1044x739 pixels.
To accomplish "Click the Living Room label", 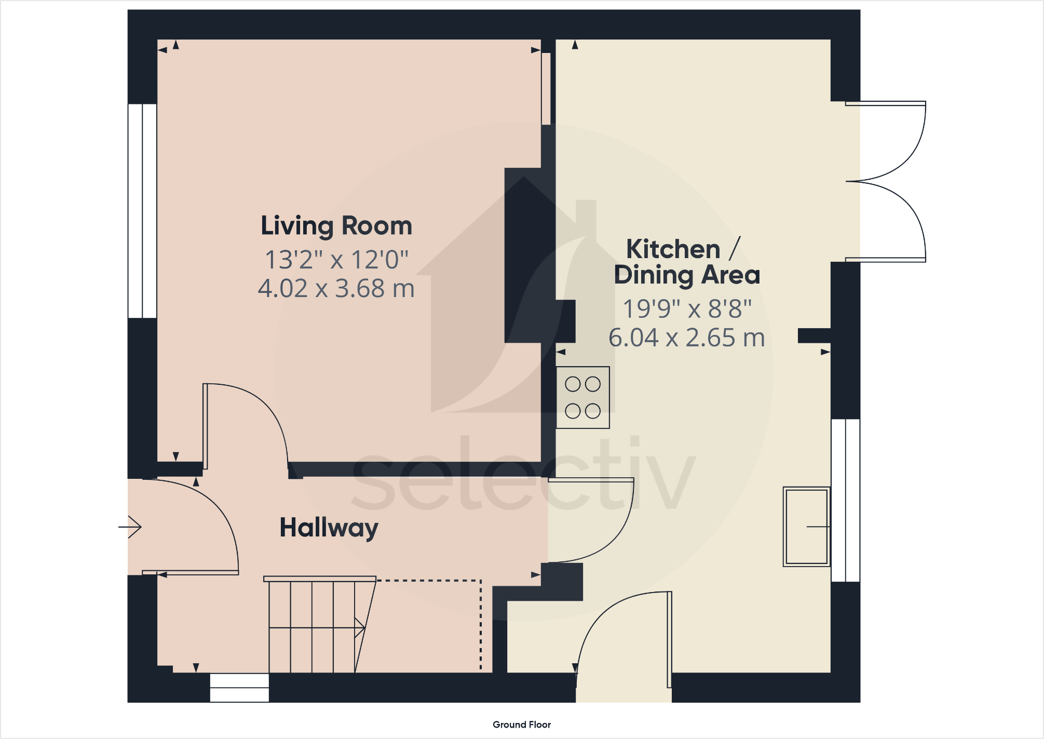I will click(336, 226).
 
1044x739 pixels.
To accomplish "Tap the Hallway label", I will click(329, 528).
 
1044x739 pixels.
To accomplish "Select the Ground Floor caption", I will click(521, 724).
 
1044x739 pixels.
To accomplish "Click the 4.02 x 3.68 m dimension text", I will click(336, 288).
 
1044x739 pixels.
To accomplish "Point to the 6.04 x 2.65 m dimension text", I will click(686, 338).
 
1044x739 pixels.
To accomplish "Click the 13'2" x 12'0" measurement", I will click(336, 260).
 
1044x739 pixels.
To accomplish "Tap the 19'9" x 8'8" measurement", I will click(686, 309).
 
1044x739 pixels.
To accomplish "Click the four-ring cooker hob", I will click(582, 398).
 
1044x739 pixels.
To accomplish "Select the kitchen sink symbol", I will click(806, 527).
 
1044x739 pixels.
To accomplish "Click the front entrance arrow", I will click(130, 527).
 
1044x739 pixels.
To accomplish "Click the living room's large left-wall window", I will click(142, 211).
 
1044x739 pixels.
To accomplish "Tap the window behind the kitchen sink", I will click(845, 500).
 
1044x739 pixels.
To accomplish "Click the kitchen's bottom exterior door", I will click(623, 644).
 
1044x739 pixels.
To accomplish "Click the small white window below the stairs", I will click(239, 688).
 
